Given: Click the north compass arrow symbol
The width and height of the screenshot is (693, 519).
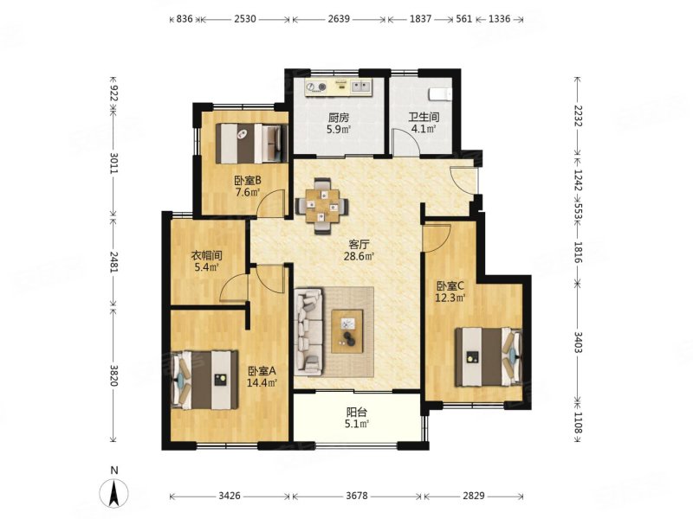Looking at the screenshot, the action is pos(114,492).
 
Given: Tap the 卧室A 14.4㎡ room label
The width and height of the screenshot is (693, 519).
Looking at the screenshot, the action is pos(262,376).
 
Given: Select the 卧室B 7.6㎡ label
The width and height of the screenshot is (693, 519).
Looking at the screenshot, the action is pos(248,186).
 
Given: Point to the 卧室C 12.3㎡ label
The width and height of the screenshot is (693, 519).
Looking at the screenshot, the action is pos(450,292).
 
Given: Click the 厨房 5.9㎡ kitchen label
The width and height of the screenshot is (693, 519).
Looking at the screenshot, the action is pos(339,123).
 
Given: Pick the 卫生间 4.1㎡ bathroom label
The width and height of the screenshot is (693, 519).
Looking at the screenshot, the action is pos(424,123).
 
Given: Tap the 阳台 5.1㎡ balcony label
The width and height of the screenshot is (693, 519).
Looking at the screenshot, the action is pos(357,418).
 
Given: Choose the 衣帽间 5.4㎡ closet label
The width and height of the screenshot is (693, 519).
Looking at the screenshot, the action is pos(206,261).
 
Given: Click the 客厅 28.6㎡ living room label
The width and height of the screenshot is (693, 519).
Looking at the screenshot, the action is pos(359,250).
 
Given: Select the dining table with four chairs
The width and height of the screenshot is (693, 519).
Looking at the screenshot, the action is pos(321,205).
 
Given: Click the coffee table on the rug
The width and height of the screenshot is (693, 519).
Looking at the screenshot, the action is pos(347,331).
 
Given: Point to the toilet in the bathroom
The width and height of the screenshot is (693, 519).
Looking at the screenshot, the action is pos(440,94).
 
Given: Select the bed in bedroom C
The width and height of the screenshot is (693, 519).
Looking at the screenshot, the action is pos(489,356).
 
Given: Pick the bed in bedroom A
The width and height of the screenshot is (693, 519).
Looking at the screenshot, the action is pos(204,380).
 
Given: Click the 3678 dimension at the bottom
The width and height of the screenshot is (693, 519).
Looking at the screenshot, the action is pos(357,496).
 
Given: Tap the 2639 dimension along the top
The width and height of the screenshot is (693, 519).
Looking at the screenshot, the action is pos(339,19).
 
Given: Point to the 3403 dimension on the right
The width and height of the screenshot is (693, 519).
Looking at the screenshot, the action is pos(578,342).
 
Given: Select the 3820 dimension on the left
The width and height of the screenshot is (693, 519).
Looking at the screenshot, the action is pos(113,375).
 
